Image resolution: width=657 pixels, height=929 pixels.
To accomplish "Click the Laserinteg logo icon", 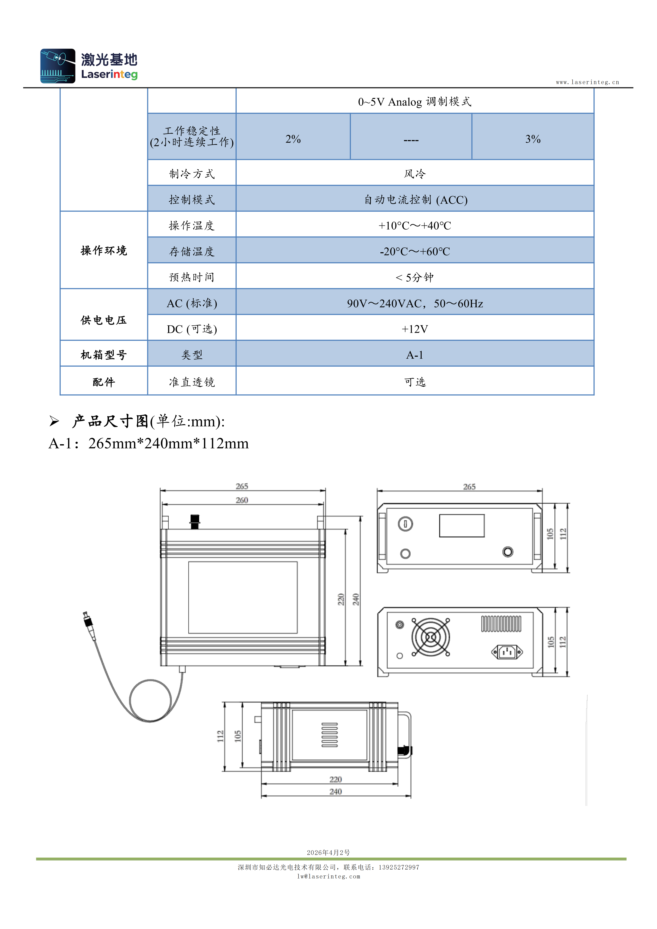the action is (58, 66).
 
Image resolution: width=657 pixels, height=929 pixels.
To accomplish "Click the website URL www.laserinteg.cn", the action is (587, 82).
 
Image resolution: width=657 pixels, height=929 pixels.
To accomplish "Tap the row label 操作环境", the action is (104, 251).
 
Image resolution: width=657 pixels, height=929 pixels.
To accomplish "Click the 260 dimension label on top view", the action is (242, 500).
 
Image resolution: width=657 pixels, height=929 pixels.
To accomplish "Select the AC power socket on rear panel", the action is (507, 652).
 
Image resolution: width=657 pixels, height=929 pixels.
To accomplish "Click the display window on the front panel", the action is (462, 526).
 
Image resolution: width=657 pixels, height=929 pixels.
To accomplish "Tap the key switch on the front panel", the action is (405, 524).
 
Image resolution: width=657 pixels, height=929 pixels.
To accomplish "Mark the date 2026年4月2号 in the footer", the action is (328, 852).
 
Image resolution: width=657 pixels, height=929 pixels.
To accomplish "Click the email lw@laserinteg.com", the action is (328, 876).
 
